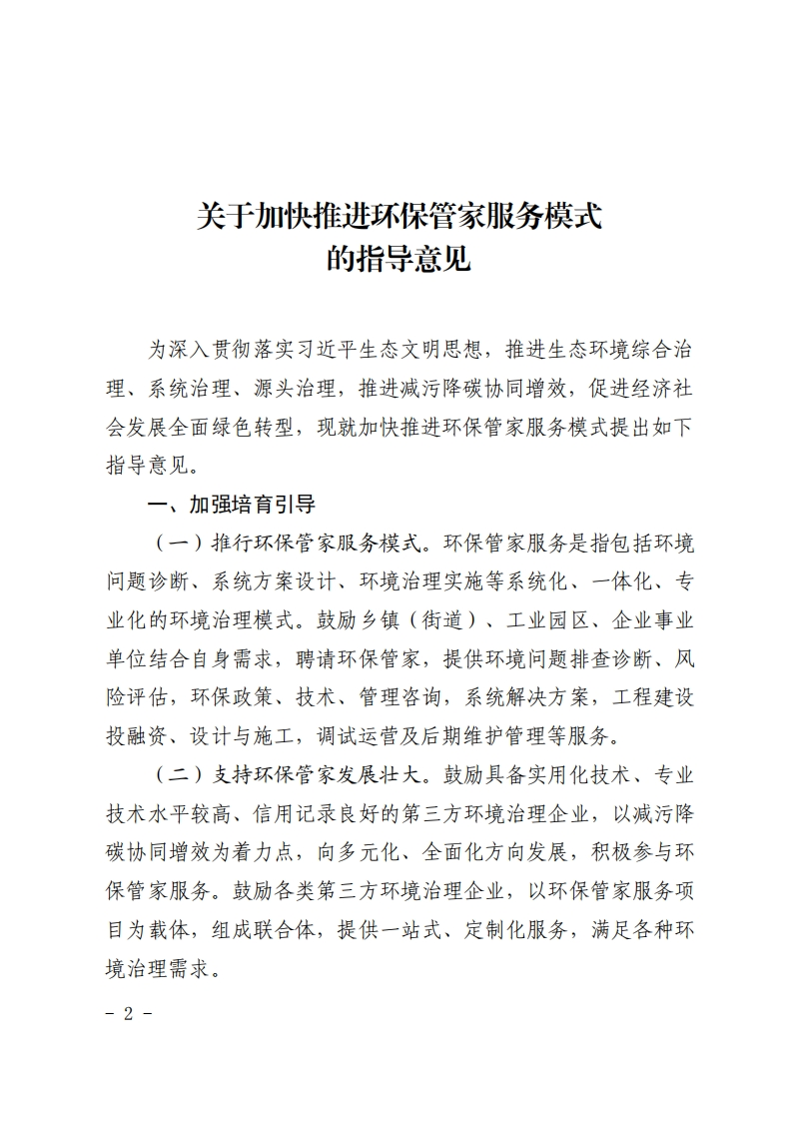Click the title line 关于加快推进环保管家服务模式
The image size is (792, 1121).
[x=398, y=216]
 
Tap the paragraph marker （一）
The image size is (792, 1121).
[x=178, y=543]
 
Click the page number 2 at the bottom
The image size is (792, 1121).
[x=127, y=1012]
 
